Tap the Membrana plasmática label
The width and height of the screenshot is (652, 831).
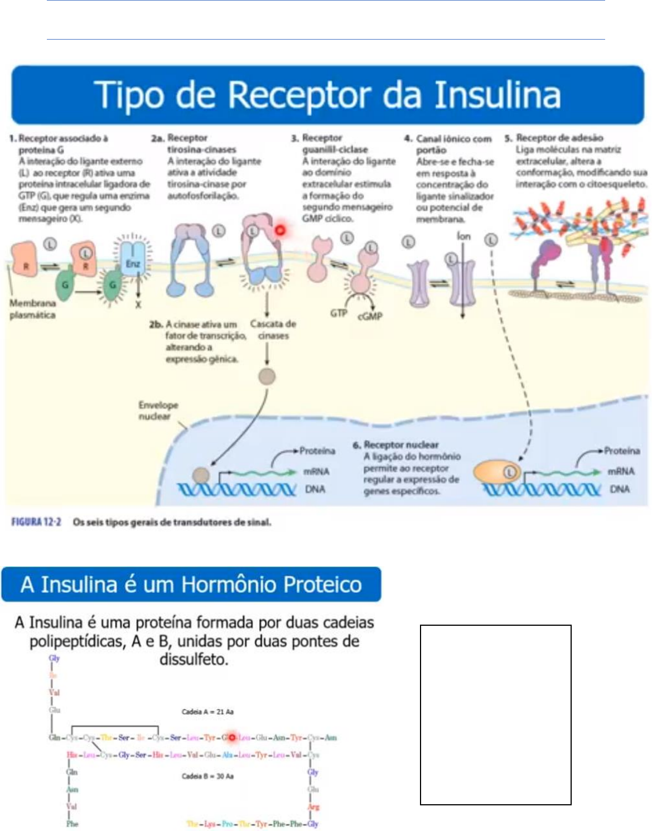(32, 309)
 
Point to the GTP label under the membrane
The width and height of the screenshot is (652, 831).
(339, 313)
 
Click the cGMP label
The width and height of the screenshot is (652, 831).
(370, 316)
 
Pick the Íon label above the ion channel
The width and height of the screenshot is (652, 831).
(463, 236)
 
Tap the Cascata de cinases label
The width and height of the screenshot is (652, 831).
(273, 330)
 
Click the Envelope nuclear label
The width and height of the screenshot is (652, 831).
(158, 410)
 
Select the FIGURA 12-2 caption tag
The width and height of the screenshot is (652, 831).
(36, 523)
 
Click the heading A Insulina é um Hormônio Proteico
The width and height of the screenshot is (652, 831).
(191, 584)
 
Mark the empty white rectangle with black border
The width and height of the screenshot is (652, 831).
(495, 714)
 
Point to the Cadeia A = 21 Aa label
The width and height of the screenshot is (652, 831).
(207, 712)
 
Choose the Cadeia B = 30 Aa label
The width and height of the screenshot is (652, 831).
(207, 776)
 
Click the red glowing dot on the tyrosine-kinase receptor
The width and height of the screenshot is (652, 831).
(280, 230)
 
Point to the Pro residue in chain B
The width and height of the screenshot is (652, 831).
(226, 824)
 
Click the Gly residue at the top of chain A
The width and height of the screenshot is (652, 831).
(54, 658)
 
